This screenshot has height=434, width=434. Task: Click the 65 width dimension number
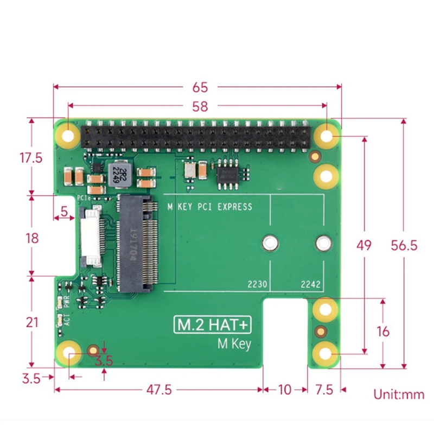pos(200,87)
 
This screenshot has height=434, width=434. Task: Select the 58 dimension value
pos(200,107)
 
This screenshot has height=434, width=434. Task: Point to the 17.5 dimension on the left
pos(31,158)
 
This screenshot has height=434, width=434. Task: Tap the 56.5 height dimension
pos(404,245)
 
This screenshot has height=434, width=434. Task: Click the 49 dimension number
pos(364,245)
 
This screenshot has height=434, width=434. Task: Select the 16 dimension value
pos(383,331)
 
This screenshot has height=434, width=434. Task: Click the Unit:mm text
pos(399,394)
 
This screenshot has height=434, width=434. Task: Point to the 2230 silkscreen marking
pos(257,284)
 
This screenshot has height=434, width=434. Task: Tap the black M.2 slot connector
pos(137,244)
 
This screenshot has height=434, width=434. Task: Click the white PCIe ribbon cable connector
pos(92,237)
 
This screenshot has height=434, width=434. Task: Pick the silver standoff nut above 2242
pos(323,243)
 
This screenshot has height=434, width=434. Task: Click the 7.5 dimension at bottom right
pos(324,390)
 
